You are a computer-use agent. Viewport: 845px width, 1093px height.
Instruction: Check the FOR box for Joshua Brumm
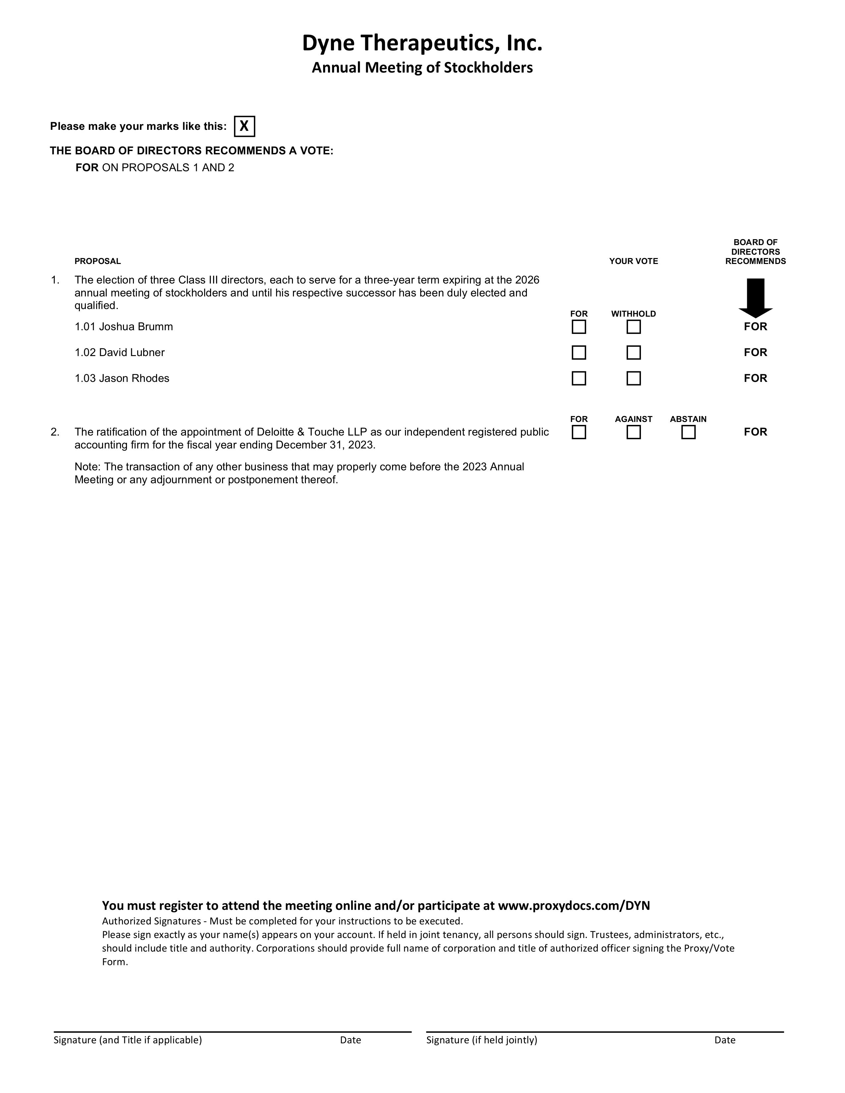click(x=579, y=327)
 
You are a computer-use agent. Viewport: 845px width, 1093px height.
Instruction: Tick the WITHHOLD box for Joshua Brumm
click(x=633, y=327)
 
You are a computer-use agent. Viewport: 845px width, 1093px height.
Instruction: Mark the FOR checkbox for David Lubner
click(x=579, y=352)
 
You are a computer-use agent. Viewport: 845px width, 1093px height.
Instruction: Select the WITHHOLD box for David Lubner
click(x=633, y=352)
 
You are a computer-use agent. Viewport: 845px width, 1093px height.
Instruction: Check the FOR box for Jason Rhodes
click(x=579, y=378)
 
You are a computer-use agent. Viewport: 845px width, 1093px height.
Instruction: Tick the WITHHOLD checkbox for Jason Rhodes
click(x=633, y=378)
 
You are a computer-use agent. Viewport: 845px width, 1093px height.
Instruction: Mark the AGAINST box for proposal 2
click(x=633, y=432)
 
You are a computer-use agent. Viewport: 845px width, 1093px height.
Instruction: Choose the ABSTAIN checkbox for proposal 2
click(x=688, y=432)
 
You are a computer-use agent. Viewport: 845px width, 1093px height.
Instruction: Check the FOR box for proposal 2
click(x=579, y=432)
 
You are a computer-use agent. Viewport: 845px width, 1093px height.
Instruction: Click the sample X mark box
click(x=244, y=126)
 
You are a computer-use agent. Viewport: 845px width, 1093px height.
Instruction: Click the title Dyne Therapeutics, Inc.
click(x=422, y=43)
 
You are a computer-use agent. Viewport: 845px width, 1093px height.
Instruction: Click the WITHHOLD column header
click(x=633, y=314)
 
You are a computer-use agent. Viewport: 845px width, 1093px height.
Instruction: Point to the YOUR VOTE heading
click(x=633, y=261)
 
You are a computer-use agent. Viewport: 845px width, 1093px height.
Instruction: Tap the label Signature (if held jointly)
click(x=481, y=1040)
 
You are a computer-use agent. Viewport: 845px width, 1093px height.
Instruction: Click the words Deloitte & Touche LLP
click(x=312, y=432)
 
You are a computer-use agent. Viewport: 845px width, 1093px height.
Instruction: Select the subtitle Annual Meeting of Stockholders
click(x=422, y=68)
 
